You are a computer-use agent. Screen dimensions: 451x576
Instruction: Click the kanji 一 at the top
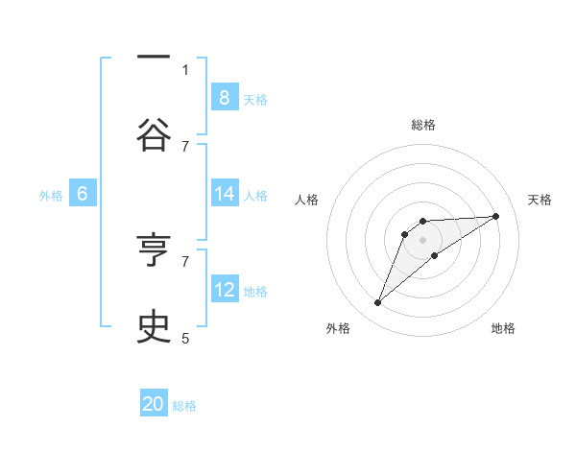tap(154, 59)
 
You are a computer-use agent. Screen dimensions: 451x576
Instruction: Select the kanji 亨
tap(154, 250)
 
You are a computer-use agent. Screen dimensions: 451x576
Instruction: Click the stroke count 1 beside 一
tap(185, 69)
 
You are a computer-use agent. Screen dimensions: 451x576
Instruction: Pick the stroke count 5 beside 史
tap(185, 338)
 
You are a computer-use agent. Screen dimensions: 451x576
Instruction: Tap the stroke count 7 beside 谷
tap(185, 146)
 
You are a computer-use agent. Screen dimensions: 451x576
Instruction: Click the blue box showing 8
tap(224, 97)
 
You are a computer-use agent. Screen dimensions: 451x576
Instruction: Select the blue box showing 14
tap(224, 193)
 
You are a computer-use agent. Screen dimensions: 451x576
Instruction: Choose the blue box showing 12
tap(224, 289)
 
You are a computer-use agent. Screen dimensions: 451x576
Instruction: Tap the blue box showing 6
tap(83, 194)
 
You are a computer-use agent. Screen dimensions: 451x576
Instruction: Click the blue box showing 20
tap(154, 404)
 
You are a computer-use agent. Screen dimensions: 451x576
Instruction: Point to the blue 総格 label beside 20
tap(184, 406)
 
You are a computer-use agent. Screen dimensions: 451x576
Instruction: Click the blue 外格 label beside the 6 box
tap(51, 196)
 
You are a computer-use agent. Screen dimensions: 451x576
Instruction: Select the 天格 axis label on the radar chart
tap(540, 200)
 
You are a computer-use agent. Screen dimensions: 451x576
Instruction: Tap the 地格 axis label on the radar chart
tap(503, 328)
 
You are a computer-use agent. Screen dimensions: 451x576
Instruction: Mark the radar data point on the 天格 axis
tap(495, 216)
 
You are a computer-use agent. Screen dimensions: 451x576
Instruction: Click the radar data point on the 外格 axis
tap(377, 303)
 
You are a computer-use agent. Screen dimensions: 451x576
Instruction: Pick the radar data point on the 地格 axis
tap(435, 255)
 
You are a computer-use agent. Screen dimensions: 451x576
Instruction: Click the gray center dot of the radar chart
tap(422, 239)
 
